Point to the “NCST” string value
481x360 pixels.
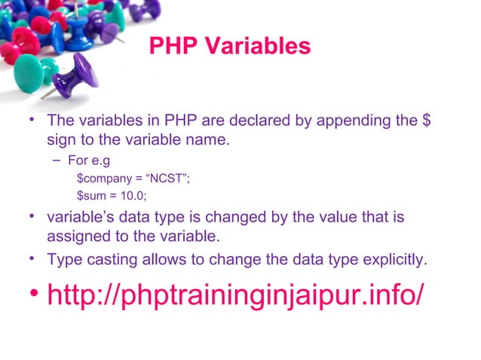tap(170, 179)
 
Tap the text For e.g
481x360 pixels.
tap(90, 160)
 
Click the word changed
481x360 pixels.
tap(225, 218)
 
